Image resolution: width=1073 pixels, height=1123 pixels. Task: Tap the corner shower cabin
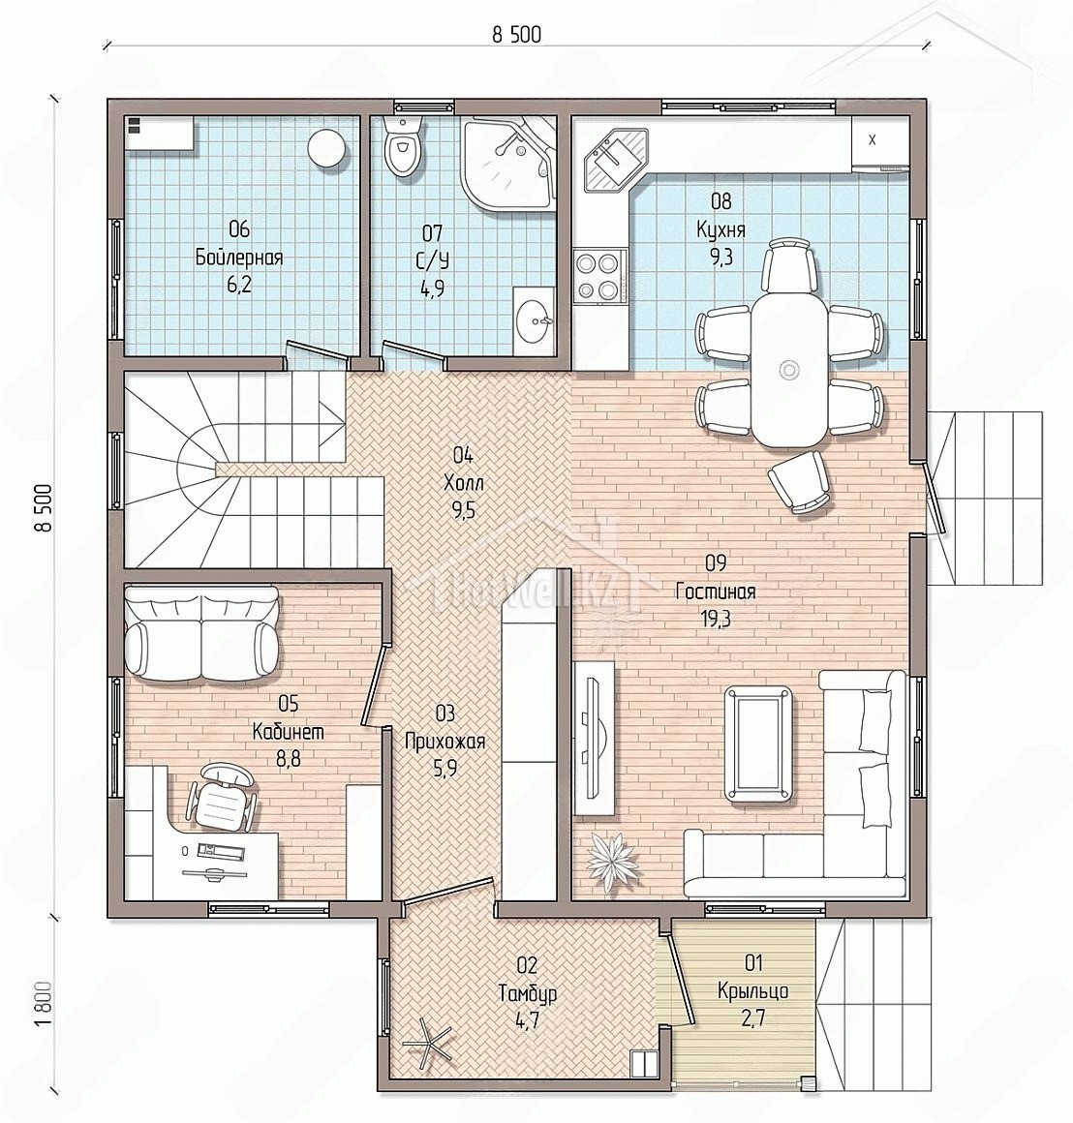pyautogui.click(x=508, y=164)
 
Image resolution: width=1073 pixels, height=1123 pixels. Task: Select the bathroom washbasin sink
pyautogui.click(x=534, y=319)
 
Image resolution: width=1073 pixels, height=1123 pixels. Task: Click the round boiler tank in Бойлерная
pyautogui.click(x=327, y=148)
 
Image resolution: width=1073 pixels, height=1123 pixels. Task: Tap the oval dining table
pyautogui.click(x=788, y=370)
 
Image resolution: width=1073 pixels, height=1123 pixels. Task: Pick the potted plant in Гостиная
pyautogui.click(x=611, y=860)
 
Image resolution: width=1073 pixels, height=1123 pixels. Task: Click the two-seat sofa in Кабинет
pyautogui.click(x=201, y=632)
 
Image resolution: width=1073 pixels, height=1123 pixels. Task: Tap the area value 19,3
pyautogui.click(x=715, y=619)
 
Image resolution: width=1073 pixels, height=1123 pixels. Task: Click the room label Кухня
pyautogui.click(x=720, y=229)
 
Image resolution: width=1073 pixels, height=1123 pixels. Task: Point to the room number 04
pyautogui.click(x=463, y=455)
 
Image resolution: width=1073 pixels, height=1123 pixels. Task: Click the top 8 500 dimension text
pyautogui.click(x=516, y=35)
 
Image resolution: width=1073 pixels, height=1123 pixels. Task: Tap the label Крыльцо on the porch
pyautogui.click(x=752, y=991)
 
